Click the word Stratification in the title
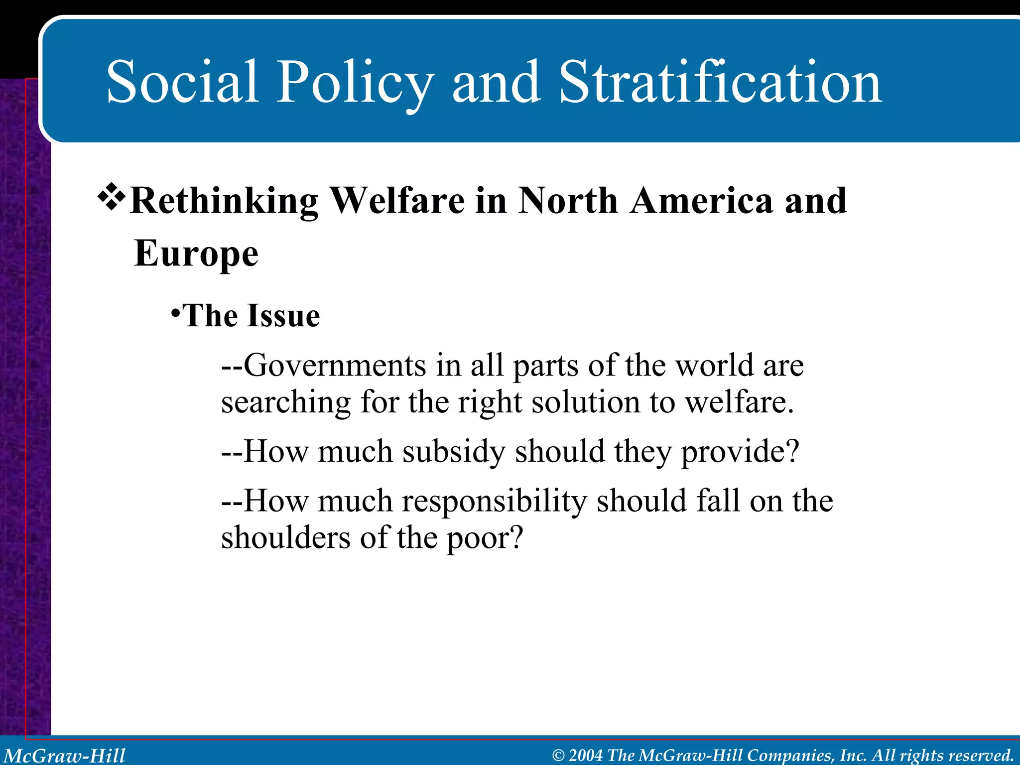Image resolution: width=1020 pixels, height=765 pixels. click(x=720, y=82)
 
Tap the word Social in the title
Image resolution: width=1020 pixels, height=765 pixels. click(x=182, y=82)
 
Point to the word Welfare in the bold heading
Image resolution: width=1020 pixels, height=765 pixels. click(x=397, y=201)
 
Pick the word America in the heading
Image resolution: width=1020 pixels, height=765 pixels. click(x=701, y=201)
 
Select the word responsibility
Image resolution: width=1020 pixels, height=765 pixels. click(x=495, y=502)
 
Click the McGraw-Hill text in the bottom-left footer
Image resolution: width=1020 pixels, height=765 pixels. click(x=64, y=756)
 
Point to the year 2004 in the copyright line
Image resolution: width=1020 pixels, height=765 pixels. click(x=585, y=756)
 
